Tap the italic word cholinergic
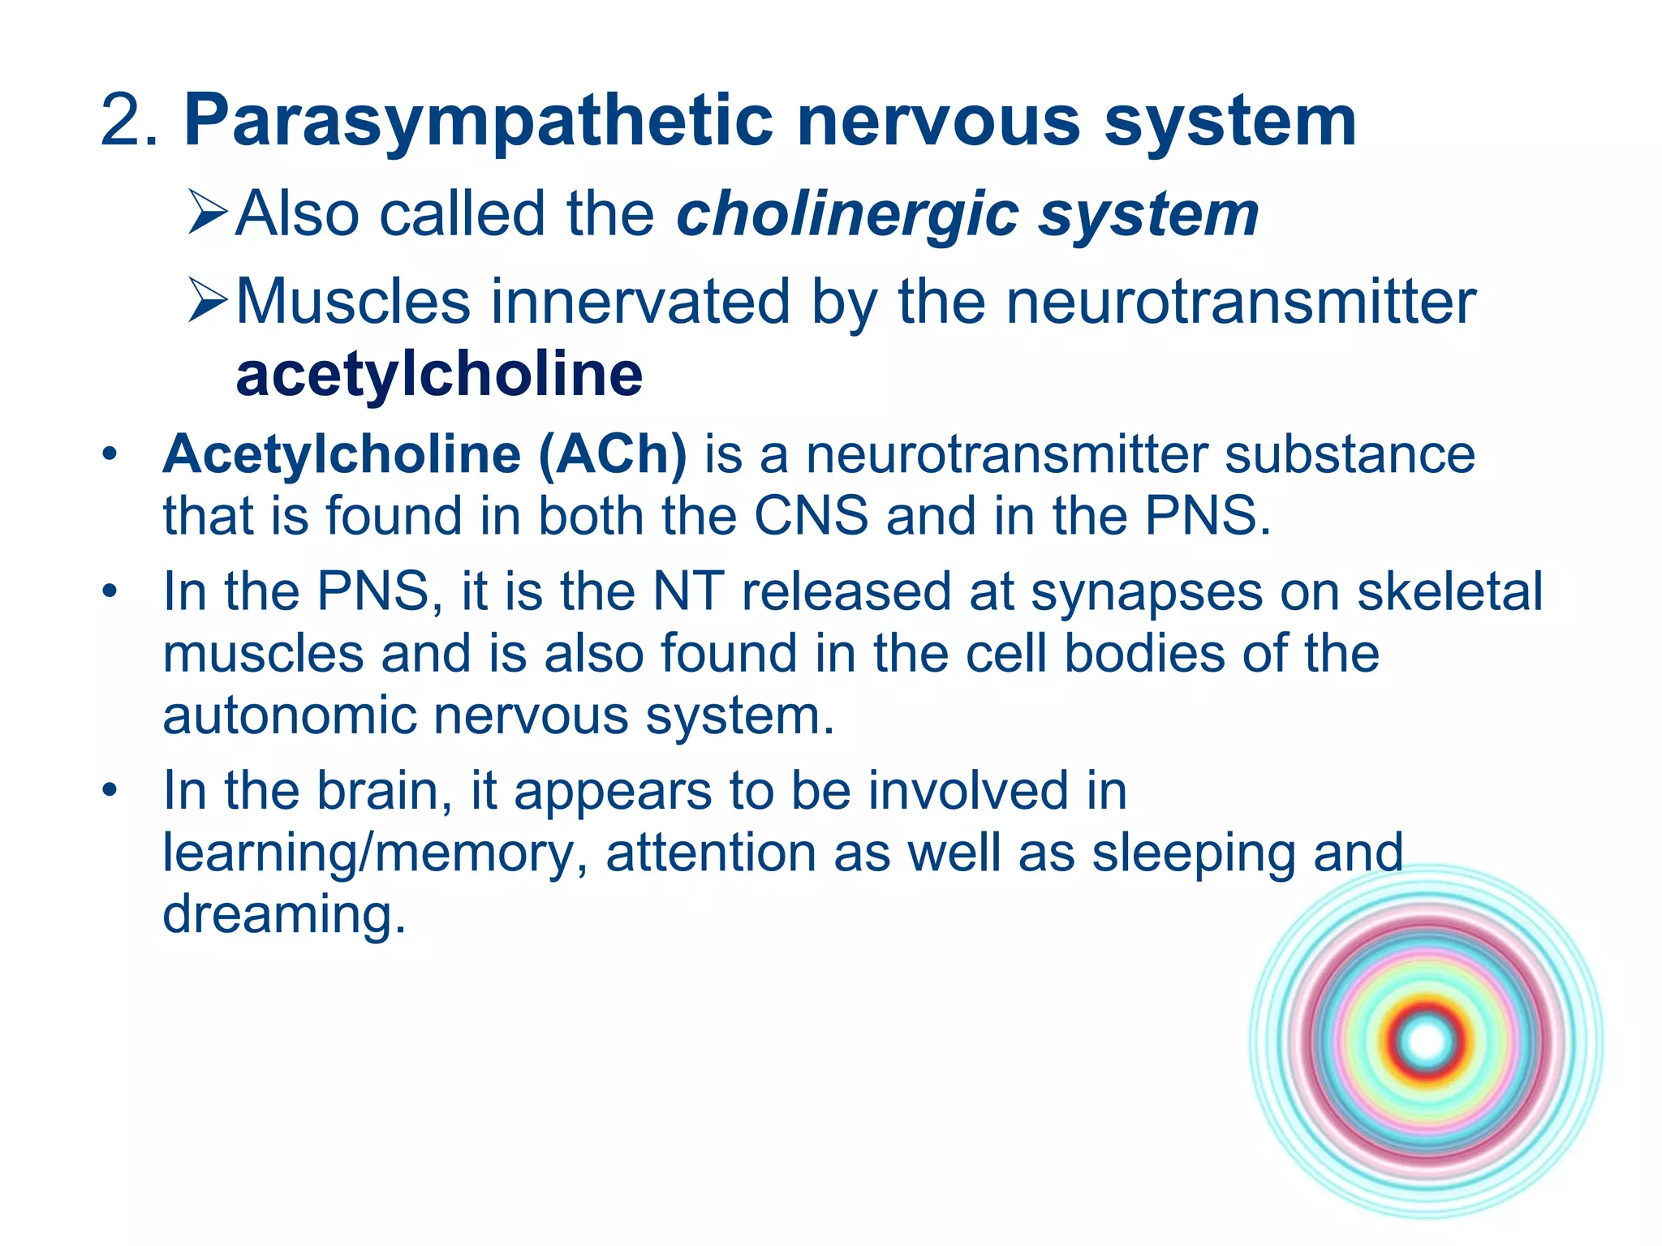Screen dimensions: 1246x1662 click(847, 215)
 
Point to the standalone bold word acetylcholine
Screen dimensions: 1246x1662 click(439, 375)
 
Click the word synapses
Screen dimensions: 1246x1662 click(1147, 592)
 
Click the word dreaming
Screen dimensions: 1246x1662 click(283, 915)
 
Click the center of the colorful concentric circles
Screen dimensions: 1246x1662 click(1426, 1042)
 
